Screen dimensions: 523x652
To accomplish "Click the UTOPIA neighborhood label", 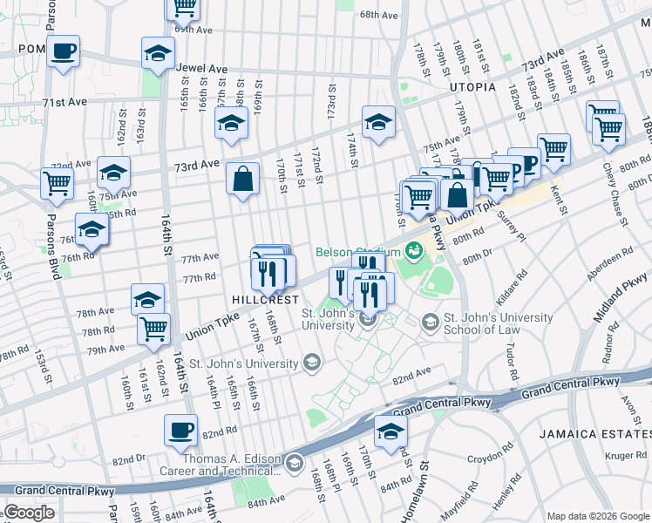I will point(472,88).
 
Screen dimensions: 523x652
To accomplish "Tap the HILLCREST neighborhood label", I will point(260,298).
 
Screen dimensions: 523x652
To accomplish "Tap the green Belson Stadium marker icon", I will point(413,251).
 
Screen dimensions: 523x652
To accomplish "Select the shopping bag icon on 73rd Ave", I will point(243,180).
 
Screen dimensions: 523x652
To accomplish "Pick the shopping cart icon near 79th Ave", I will point(153,329).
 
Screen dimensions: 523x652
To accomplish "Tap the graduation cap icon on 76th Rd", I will point(92,230).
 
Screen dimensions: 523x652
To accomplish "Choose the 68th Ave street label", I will point(378,15).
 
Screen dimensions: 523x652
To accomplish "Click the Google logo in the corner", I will point(29,513).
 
